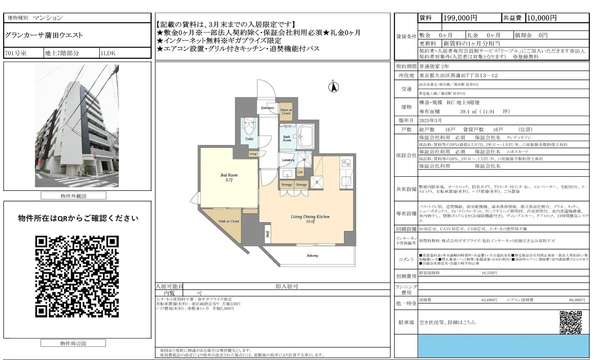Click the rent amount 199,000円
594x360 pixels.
[460, 18]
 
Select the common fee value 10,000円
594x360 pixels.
[542, 18]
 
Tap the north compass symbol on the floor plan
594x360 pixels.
[333, 87]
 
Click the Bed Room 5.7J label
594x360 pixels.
[229, 177]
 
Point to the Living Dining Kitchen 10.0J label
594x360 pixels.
[310, 219]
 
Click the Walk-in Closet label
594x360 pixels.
[229, 221]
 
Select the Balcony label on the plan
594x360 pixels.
[312, 255]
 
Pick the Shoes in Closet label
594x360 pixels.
[286, 112]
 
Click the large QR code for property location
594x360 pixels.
[77, 277]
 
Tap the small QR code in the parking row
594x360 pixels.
[571, 322]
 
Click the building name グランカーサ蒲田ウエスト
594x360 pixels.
[44, 35]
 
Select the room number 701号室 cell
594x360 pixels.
[16, 53]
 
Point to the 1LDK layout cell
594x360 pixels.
[108, 53]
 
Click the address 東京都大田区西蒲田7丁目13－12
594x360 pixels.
[458, 75]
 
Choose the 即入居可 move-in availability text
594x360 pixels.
[286, 286]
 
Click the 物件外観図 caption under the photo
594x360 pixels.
[73, 196]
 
